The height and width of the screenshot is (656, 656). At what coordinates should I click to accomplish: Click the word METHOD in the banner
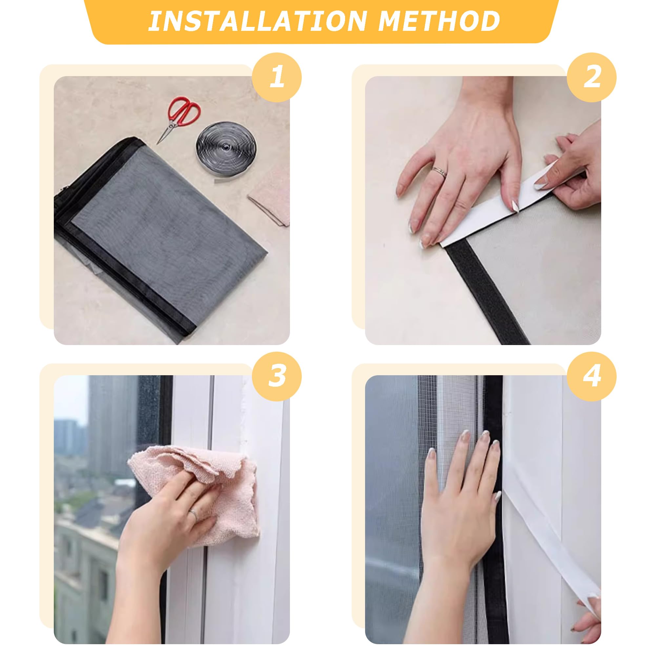[439, 21]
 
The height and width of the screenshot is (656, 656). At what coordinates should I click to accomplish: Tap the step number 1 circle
[277, 77]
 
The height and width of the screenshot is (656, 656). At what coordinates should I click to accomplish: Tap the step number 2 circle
[591, 77]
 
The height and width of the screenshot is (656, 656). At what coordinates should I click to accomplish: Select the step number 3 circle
[277, 376]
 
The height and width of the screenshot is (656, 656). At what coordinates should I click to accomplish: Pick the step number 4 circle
[591, 376]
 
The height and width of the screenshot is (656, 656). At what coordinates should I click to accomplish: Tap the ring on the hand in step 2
[439, 171]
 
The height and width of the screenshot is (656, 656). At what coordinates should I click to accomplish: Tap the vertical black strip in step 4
[493, 509]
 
